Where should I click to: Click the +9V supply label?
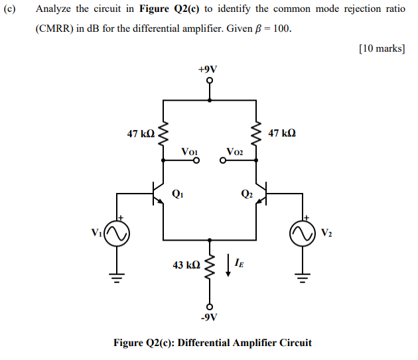(x=210, y=69)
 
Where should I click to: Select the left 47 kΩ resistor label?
(x=141, y=133)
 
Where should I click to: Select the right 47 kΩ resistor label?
(x=282, y=133)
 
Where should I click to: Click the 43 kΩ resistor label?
(x=186, y=265)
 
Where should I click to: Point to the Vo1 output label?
(x=190, y=153)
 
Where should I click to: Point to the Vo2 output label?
(x=234, y=153)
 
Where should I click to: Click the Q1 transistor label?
(x=177, y=194)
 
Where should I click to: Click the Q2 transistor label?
(x=246, y=194)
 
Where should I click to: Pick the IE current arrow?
(x=229, y=263)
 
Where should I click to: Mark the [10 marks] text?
(x=381, y=48)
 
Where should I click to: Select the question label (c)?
(x=11, y=9)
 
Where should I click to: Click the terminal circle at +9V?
(x=210, y=82)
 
